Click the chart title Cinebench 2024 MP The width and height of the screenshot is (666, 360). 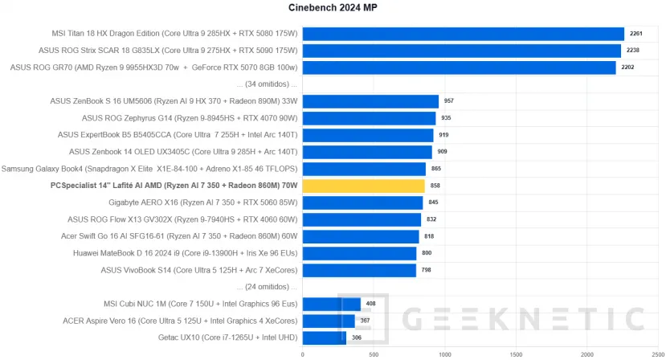click(333, 8)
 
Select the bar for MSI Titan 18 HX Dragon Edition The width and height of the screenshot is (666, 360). click(463, 34)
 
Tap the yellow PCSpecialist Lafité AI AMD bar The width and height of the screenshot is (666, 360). click(363, 186)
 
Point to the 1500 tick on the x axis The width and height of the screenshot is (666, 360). click(516, 354)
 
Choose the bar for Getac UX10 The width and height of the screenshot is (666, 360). click(324, 337)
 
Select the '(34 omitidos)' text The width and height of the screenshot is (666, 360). click(268, 84)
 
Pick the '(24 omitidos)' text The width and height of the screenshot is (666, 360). click(268, 287)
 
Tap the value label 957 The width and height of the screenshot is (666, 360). click(449, 101)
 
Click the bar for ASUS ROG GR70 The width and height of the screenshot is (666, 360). click(459, 67)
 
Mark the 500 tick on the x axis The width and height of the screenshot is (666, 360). click(374, 354)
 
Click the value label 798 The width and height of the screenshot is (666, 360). click(427, 270)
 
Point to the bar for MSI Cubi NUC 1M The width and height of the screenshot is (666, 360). click(331, 304)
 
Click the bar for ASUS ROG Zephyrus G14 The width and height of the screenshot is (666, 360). click(369, 118)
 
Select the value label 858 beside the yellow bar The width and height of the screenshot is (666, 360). click(435, 186)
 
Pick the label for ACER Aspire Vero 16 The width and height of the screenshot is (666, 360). click(181, 321)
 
